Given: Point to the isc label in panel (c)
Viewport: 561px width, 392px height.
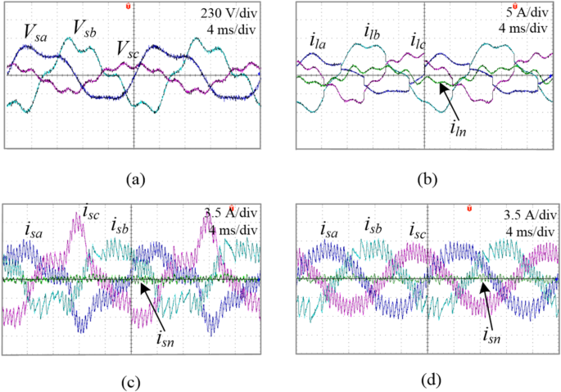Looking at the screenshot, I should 90,210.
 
